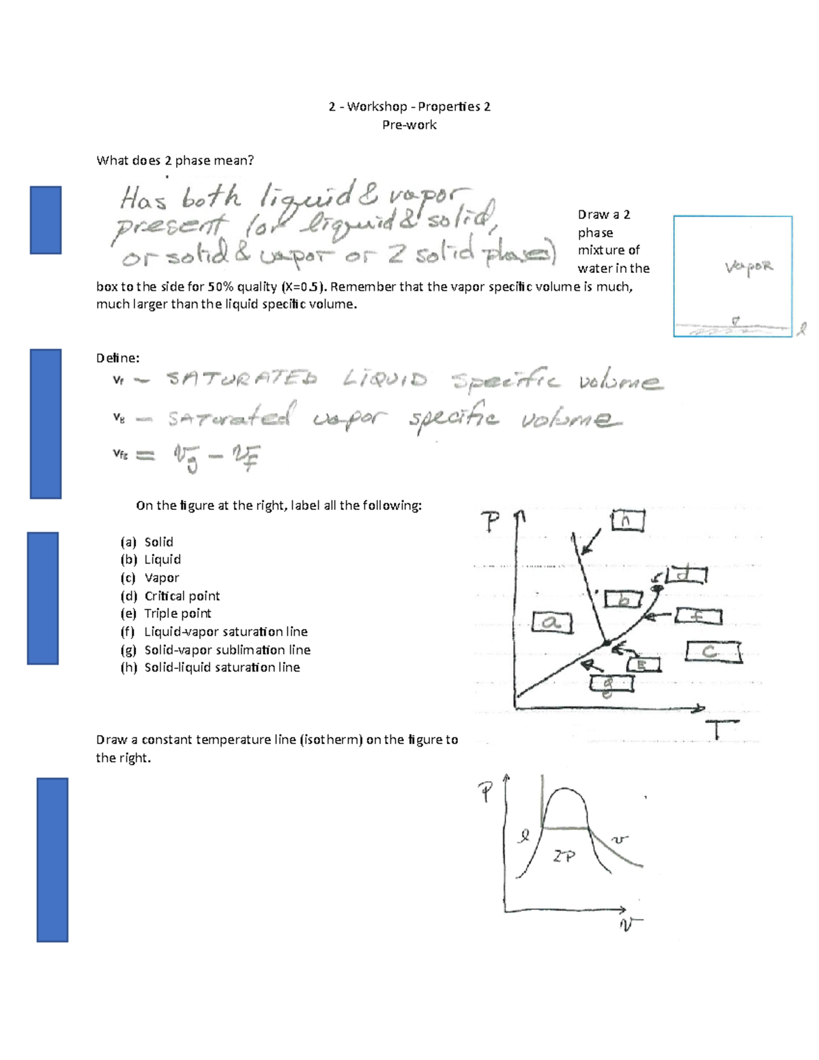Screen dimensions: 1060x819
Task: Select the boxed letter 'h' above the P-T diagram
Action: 627,521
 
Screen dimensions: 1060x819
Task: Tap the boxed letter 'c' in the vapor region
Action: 714,652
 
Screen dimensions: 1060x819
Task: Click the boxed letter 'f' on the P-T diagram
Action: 698,616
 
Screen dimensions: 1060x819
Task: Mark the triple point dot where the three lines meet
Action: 605,642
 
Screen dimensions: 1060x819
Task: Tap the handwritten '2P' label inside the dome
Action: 564,856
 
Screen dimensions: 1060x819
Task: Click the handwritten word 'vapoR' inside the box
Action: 749,267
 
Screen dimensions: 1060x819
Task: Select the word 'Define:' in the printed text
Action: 117,358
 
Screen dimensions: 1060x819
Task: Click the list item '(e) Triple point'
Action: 166,613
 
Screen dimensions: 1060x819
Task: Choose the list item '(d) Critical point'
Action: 170,595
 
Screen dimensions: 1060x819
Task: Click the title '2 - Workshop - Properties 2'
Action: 409,106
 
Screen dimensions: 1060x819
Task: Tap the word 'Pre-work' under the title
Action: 409,125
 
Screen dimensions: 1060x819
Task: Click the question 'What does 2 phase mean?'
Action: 175,160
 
